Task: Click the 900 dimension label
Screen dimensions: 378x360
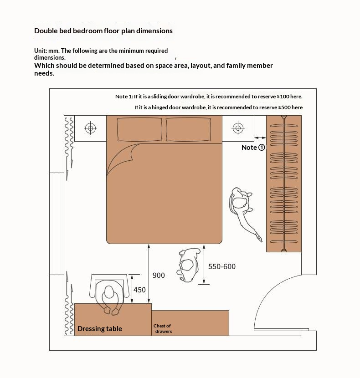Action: tap(159, 276)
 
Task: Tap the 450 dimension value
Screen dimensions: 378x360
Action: tap(139, 290)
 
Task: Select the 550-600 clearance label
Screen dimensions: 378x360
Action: tap(222, 266)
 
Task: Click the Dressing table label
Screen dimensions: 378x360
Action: tap(100, 329)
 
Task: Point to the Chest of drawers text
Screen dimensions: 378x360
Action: tap(163, 328)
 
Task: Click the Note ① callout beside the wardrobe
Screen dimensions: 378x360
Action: tap(253, 147)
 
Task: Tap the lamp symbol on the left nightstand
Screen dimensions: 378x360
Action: tap(90, 128)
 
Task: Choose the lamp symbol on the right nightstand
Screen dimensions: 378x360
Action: tap(238, 128)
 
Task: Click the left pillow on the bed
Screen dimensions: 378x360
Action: tap(140, 129)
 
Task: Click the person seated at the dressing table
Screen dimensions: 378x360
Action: tap(109, 298)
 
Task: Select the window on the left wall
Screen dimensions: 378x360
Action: tap(57, 223)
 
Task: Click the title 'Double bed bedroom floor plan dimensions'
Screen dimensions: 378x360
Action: tap(103, 31)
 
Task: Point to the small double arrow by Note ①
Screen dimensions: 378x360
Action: tap(260, 137)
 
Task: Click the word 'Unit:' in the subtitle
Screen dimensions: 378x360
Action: tap(40, 51)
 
